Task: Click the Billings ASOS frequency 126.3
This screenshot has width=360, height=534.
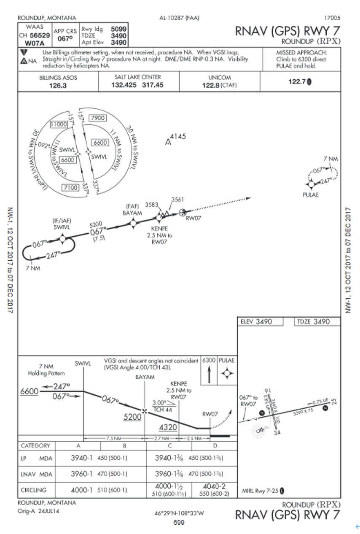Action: [x=58, y=86]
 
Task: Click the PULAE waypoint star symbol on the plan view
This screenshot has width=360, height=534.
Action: [x=311, y=184]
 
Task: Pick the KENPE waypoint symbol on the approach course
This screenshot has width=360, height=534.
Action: [x=159, y=217]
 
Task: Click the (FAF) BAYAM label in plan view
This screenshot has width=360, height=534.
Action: [x=132, y=210]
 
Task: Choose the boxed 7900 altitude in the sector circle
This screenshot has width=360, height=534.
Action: [x=98, y=118]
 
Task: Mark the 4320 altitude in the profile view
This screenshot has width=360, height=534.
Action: [x=168, y=427]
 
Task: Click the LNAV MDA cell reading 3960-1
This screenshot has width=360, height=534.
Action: [x=82, y=474]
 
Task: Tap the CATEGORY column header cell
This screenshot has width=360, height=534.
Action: [x=35, y=446]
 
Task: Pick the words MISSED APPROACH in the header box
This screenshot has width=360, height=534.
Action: [x=301, y=53]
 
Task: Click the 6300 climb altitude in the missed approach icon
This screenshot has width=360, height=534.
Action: [x=209, y=361]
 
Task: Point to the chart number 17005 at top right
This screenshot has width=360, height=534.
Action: [x=332, y=18]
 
